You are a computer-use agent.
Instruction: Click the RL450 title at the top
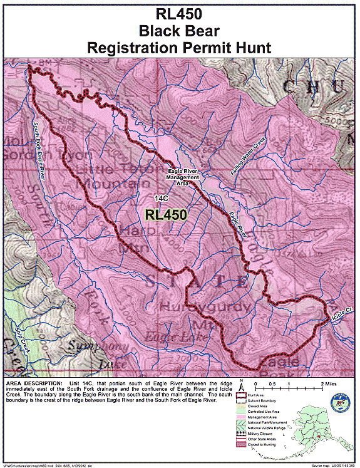(x=180, y=14)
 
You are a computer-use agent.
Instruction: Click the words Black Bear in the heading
(x=180, y=31)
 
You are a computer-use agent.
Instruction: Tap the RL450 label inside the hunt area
(x=165, y=214)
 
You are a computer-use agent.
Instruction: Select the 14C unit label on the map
(x=160, y=199)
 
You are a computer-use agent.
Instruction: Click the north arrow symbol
(x=240, y=384)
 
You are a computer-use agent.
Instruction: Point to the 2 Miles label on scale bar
(x=330, y=383)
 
